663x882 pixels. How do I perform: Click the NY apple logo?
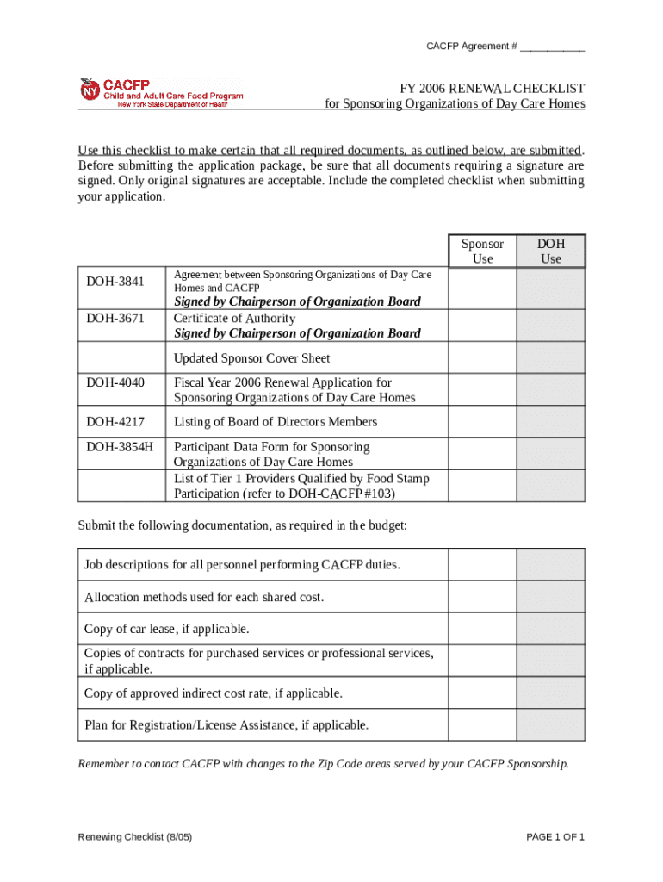pyautogui.click(x=90, y=89)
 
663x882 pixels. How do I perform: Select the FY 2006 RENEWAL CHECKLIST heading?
pyautogui.click(x=491, y=89)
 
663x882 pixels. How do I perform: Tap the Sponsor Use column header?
pyautogui.click(x=482, y=251)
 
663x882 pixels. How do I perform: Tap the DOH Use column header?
pyautogui.click(x=550, y=251)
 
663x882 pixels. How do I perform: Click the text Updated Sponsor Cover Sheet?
pyautogui.click(x=251, y=358)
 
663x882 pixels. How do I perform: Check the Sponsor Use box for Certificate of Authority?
pyautogui.click(x=482, y=326)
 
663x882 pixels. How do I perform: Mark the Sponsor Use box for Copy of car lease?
pyautogui.click(x=482, y=629)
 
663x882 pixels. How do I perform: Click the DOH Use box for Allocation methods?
pyautogui.click(x=550, y=597)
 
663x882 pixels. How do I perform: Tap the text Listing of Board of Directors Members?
pyautogui.click(x=276, y=422)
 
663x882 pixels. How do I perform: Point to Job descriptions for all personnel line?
pyautogui.click(x=242, y=565)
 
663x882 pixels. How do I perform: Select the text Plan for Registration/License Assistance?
pyautogui.click(x=226, y=725)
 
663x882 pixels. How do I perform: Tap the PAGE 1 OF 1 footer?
pyautogui.click(x=555, y=837)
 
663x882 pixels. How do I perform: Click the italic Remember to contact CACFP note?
pyautogui.click(x=323, y=763)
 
